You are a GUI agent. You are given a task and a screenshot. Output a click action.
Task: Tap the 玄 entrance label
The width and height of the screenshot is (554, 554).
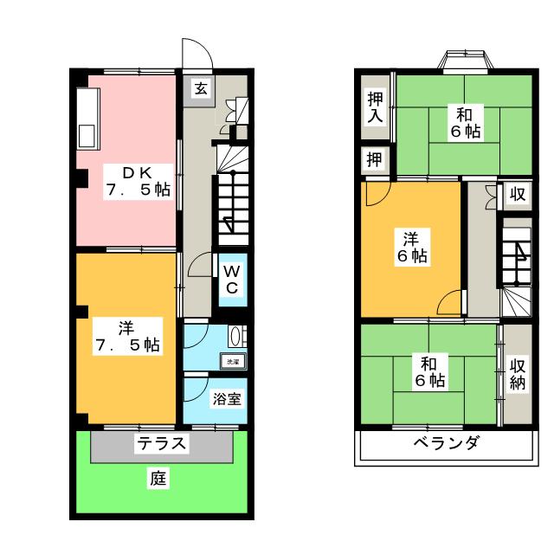(199, 87)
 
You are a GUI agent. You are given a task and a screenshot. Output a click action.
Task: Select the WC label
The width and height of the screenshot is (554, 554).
(232, 277)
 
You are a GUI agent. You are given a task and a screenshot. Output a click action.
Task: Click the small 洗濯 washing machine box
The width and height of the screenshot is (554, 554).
(233, 362)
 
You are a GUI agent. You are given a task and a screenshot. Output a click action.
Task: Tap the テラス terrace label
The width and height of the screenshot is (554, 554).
(161, 445)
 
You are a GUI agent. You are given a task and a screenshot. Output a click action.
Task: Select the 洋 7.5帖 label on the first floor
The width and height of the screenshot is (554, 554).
(127, 335)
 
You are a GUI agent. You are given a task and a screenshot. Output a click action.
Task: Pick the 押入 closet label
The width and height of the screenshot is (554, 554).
(374, 106)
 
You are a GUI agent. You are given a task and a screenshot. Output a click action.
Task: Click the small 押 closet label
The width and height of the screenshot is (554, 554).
(374, 159)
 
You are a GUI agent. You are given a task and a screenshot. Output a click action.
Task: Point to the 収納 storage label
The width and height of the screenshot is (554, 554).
(518, 374)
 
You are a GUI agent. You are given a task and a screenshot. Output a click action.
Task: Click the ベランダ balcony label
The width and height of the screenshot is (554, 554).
(445, 444)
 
